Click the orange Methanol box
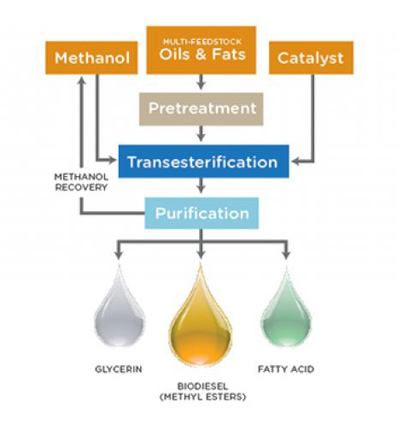91,58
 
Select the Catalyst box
311,58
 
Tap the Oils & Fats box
201,50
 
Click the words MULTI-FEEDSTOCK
202,42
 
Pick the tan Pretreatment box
201,109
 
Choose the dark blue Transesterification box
204,162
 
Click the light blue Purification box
201,213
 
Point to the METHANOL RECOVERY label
81,182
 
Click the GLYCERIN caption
119,369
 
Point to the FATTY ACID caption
286,369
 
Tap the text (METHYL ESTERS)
203,397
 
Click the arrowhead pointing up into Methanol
82,80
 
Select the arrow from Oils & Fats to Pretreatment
201,82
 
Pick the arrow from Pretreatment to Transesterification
201,133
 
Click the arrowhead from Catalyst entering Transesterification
295,162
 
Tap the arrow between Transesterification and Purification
201,185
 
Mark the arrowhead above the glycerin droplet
119,255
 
